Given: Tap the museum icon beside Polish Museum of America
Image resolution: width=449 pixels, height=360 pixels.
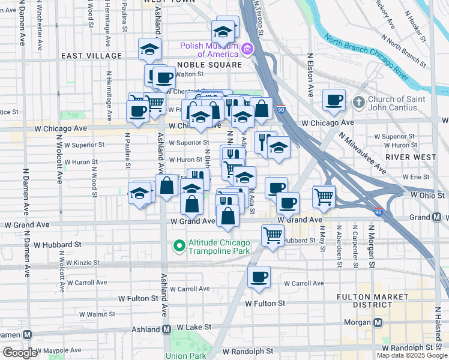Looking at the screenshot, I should [247, 48].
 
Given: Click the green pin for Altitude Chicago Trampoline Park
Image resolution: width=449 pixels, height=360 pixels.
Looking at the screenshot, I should [178, 245].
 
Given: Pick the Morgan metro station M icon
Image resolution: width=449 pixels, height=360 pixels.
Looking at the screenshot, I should [378, 322].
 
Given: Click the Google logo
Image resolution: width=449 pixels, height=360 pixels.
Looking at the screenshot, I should [20, 352].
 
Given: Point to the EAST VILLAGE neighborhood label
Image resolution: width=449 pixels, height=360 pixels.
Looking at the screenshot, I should [91, 56].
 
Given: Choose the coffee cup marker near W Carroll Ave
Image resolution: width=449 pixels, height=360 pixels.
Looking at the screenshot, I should [259, 277].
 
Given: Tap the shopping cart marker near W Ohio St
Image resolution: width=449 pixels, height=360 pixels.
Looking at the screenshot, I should [324, 196].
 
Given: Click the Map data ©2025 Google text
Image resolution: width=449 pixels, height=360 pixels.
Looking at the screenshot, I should [412, 355].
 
